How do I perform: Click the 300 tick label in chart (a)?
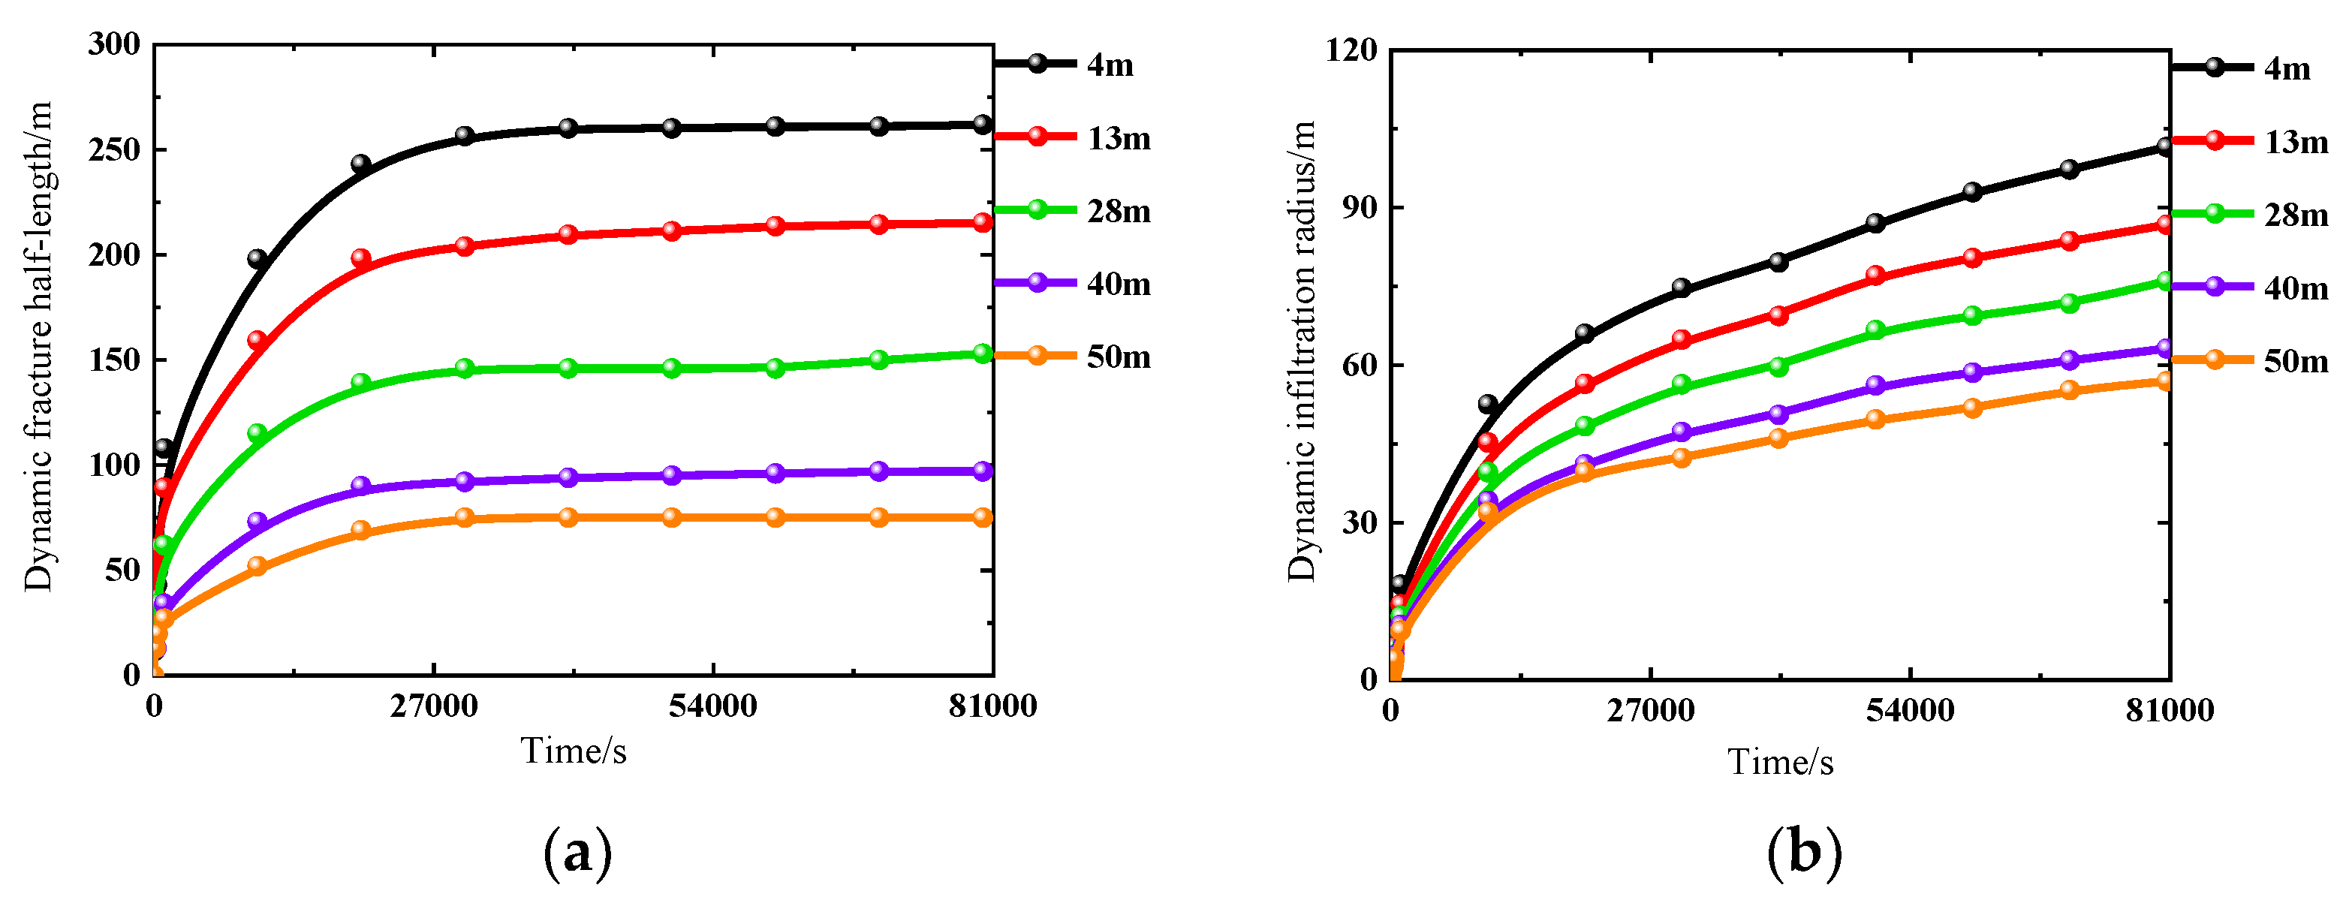point(115,44)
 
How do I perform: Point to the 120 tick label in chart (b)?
point(1351,50)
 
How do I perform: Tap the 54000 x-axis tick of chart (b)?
point(1910,711)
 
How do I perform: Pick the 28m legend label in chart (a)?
point(1119,212)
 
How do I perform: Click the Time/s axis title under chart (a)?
point(574,751)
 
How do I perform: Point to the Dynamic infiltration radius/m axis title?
point(1302,351)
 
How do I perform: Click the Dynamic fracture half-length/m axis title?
point(38,346)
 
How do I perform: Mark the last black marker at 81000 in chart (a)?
point(982,125)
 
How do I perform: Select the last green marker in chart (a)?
point(982,353)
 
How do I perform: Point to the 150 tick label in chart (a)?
point(115,360)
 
